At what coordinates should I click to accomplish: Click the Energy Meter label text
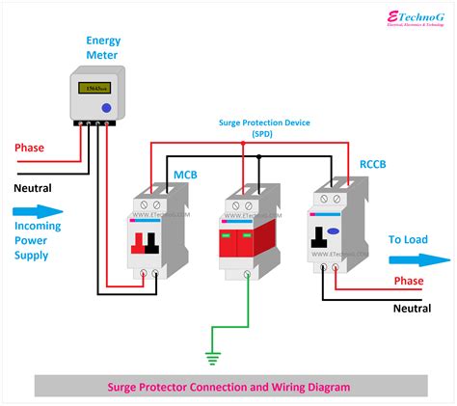103,48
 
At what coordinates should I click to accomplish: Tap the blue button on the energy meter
105,108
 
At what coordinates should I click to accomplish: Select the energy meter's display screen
93,89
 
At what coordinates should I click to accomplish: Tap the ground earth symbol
212,358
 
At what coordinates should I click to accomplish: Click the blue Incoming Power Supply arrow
36,211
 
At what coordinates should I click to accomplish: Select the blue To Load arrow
418,259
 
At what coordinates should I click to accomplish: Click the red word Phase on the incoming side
29,148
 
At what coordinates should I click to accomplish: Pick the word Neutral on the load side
412,309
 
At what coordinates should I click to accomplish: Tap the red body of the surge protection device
247,246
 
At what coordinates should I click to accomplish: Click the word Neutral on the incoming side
33,187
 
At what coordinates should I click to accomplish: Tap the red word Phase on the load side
410,281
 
